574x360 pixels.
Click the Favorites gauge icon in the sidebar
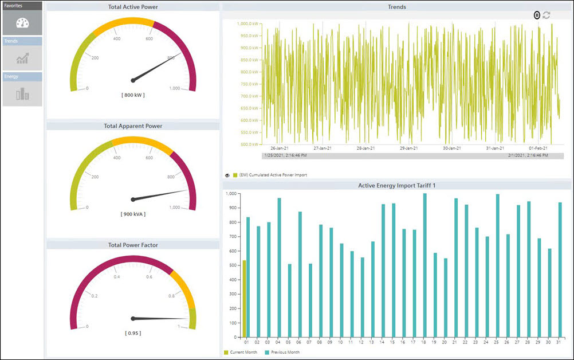pos(22,23)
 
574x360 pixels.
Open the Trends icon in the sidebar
pos(22,58)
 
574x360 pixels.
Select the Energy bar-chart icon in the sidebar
pos(22,93)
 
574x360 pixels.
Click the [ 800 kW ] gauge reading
pos(133,95)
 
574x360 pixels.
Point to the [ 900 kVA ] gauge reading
pos(133,214)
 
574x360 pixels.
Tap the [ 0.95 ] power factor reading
pos(133,333)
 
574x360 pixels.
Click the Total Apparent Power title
pos(133,126)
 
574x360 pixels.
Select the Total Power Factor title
pos(133,245)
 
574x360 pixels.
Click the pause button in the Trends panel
pos(537,15)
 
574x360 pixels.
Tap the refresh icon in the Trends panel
pos(547,15)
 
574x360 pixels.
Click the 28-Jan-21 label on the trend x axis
pos(365,148)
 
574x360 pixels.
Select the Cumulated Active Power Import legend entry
pos(272,175)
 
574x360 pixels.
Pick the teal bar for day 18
pos(424,265)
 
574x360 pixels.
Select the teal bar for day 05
pos(289,300)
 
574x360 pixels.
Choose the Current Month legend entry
pos(243,352)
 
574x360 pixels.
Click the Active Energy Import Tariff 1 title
pos(396,185)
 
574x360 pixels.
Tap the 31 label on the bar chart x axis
pos(560,342)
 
